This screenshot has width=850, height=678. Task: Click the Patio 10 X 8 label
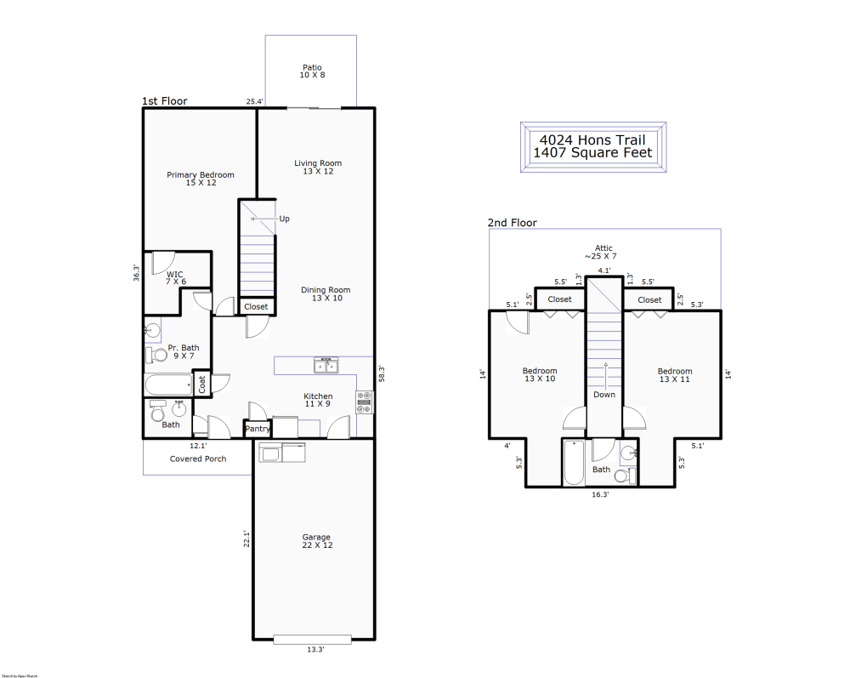pos(312,71)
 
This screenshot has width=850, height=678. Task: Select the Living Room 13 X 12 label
pos(318,168)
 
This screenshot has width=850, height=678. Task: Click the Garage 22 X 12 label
pos(317,541)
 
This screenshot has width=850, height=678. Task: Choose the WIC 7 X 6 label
pos(175,278)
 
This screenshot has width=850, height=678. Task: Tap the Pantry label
pos(258,430)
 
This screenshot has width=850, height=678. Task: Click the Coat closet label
pos(202,385)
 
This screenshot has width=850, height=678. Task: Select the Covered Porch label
pos(198,459)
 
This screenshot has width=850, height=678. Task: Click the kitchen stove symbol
pos(365,402)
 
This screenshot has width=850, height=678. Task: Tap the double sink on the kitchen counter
pos(325,366)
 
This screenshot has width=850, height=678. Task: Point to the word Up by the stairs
pos(284,219)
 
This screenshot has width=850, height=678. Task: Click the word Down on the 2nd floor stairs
pos(604,395)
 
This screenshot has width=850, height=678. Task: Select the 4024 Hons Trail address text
pos(592,140)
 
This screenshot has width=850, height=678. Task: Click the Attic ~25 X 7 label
pos(603,253)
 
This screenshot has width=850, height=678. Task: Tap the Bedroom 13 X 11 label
pos(675,375)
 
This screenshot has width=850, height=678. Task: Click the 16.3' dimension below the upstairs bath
pos(599,494)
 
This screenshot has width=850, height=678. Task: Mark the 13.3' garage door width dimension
pos(315,650)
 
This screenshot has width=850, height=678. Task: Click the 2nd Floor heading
pos(512,223)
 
